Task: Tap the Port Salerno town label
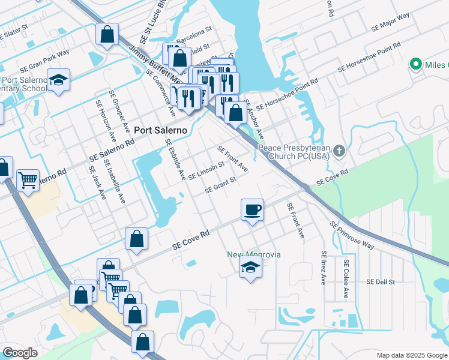tap(160, 130)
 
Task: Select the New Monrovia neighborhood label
tap(253, 254)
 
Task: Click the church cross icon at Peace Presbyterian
tap(340, 151)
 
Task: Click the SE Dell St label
tap(381, 281)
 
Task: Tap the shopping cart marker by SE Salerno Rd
tap(28, 179)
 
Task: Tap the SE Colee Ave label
tap(345, 278)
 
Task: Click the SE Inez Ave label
tap(324, 268)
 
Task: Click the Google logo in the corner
tap(20, 353)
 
